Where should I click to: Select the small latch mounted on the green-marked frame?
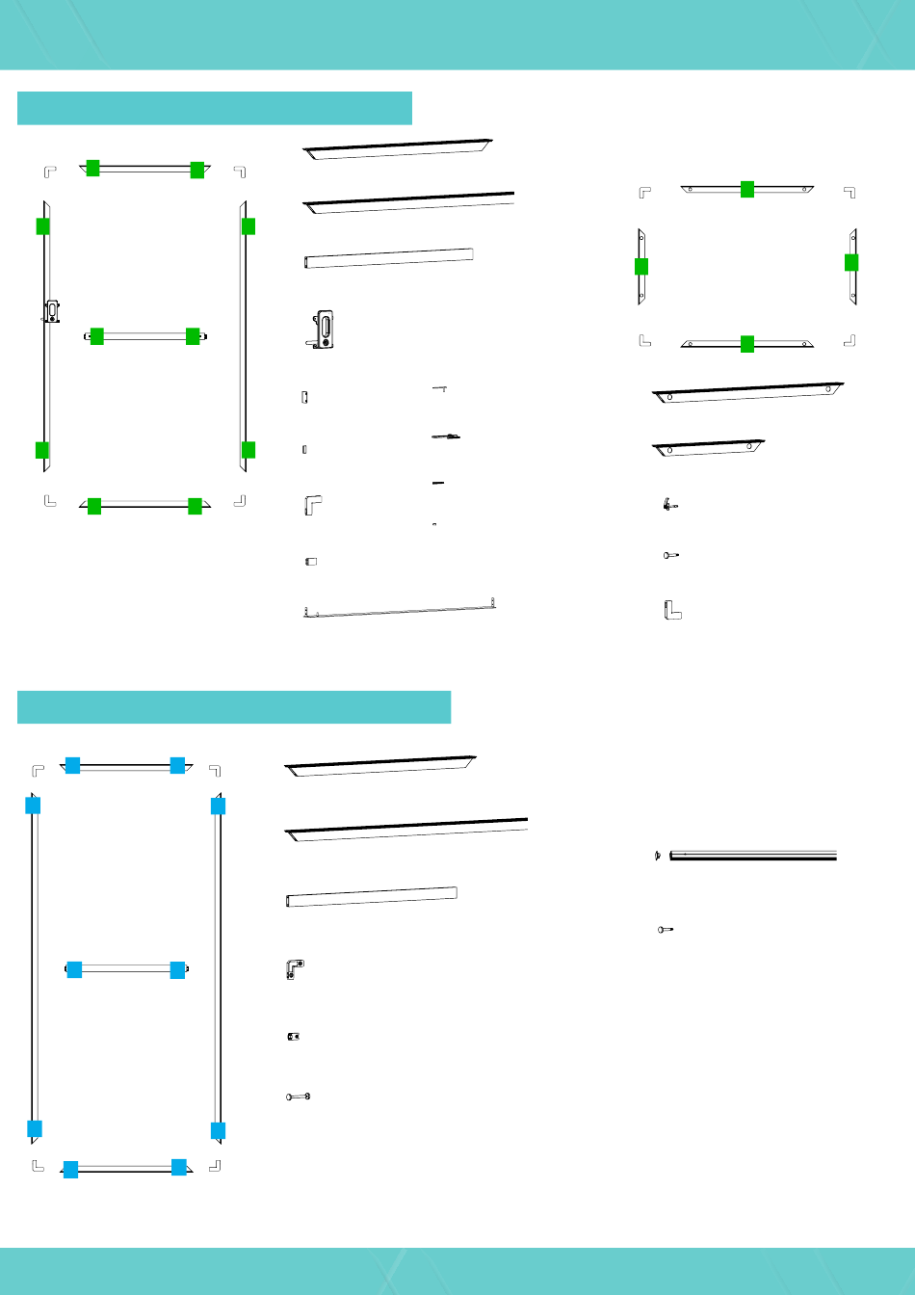pos(51,309)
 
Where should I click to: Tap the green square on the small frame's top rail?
pos(746,189)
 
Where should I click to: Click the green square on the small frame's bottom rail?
pos(746,343)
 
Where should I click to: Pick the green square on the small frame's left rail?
pos(641,267)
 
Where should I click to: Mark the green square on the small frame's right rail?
pos(851,262)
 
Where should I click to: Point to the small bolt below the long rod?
pos(665,930)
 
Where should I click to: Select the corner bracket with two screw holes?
pos(295,968)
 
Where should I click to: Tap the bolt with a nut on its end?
pos(299,1097)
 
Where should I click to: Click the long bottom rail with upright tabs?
pos(400,610)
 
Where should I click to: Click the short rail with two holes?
pos(709,448)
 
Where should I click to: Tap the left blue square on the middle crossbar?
pos(74,969)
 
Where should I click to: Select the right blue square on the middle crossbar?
pos(177,969)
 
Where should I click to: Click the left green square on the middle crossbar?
pos(96,336)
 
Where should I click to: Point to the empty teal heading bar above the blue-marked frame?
pos(234,706)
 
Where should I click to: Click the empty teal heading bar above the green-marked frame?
pos(215,108)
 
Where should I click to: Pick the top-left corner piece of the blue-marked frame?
pos(38,770)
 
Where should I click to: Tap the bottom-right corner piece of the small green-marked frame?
pos(849,339)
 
